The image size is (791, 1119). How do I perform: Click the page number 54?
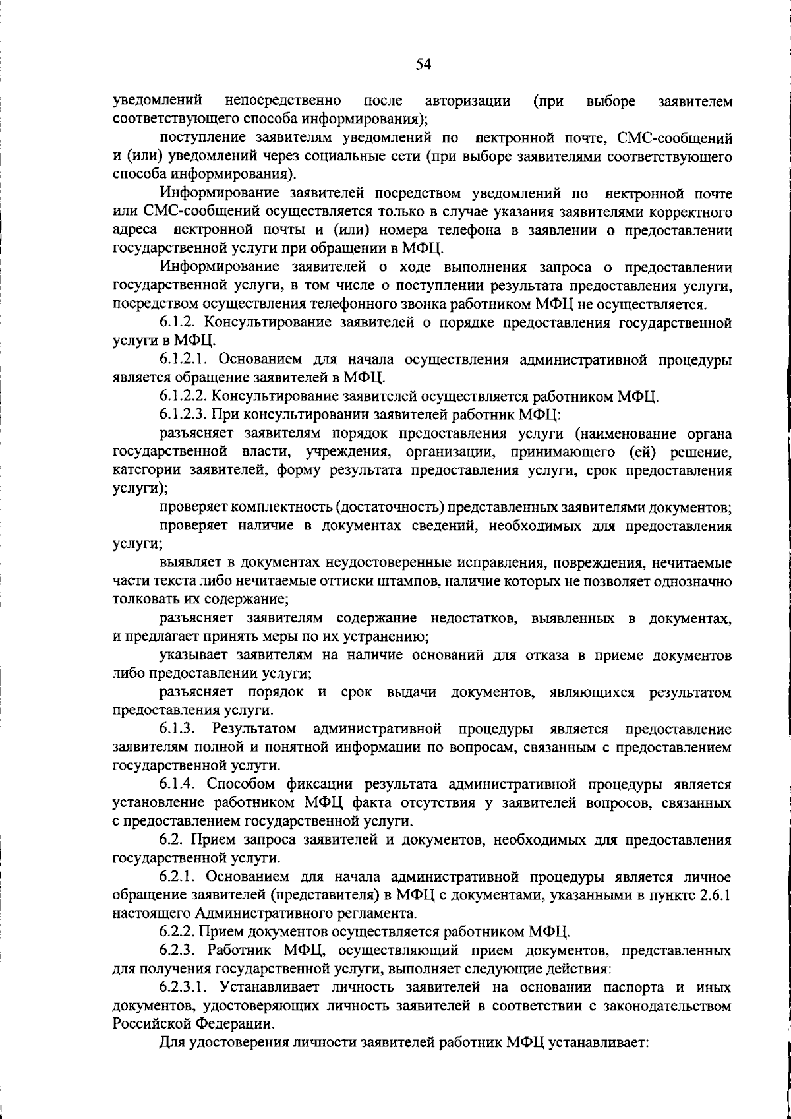423,64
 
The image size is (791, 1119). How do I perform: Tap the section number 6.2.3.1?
185,987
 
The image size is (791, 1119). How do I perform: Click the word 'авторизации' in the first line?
468,101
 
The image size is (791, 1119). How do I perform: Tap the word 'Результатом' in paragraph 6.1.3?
254,729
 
